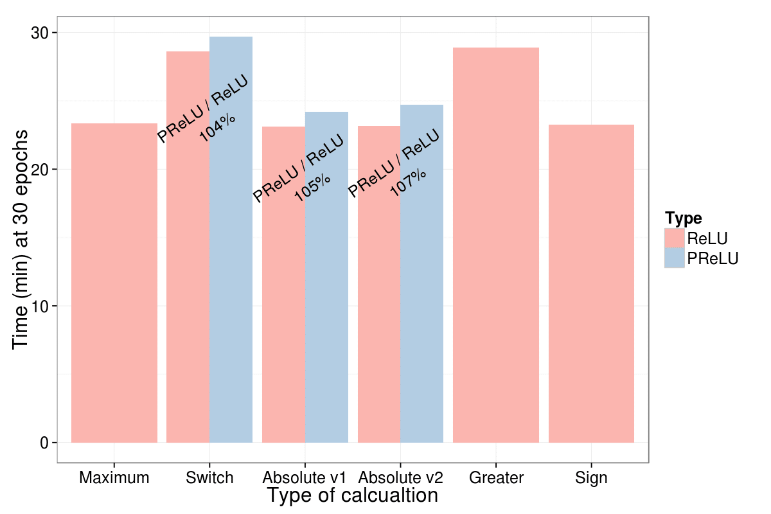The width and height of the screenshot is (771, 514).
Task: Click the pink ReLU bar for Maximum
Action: (114, 283)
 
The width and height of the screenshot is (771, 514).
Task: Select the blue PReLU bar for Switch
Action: (231, 289)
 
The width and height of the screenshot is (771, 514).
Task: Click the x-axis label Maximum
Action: (114, 478)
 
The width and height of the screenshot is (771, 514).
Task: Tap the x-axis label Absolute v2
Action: (400, 478)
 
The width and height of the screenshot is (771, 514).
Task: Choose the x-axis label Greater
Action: (496, 478)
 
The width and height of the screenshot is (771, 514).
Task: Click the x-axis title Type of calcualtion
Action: (352, 496)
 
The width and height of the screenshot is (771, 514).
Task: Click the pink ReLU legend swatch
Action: (675, 238)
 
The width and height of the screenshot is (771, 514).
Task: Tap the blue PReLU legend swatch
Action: (675, 258)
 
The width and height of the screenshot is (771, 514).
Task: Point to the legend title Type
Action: (683, 217)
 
